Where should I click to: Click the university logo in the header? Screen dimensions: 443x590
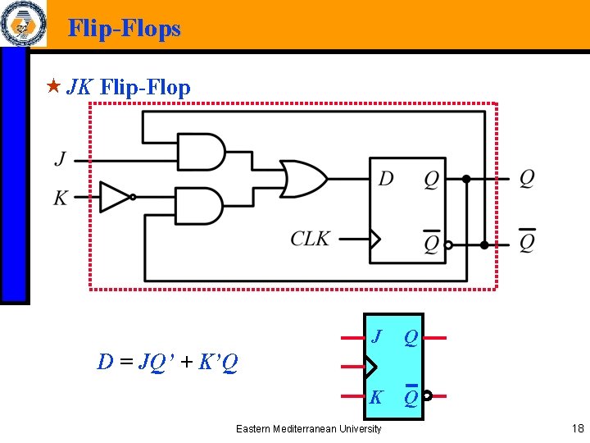(x=22, y=24)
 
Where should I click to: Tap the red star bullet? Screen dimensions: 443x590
(x=53, y=85)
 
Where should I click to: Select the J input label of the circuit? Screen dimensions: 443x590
(x=61, y=158)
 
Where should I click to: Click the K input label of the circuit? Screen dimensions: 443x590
(x=61, y=198)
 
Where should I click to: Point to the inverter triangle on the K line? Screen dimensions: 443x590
(x=114, y=197)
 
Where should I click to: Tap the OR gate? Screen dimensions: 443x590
(x=302, y=178)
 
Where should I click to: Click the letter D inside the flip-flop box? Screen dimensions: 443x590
(x=385, y=179)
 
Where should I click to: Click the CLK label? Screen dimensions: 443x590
(x=311, y=239)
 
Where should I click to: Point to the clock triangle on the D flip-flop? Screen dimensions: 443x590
(x=375, y=240)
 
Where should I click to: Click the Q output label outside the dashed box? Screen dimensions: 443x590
(x=527, y=178)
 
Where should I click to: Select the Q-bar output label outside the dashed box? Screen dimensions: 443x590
(x=527, y=242)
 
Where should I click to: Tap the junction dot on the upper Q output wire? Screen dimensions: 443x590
(x=466, y=178)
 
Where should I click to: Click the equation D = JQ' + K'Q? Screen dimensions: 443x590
(x=168, y=362)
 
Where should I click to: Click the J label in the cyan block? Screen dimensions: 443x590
(x=376, y=336)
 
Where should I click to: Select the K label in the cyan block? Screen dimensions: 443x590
(x=376, y=398)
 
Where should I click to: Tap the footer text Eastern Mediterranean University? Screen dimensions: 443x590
(x=308, y=429)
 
